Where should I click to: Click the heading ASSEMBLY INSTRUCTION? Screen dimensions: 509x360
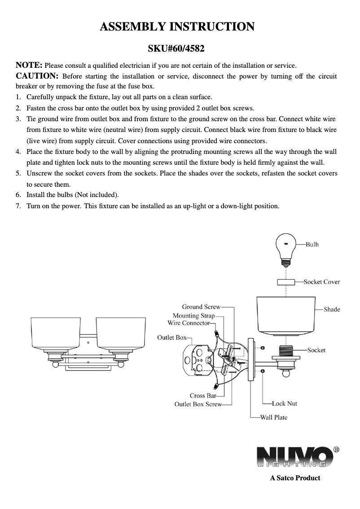pyautogui.click(x=177, y=27)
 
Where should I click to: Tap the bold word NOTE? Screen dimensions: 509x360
pyautogui.click(x=29, y=66)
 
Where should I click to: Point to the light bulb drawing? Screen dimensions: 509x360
pyautogui.click(x=286, y=247)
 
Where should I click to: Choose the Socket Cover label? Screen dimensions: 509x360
pyautogui.click(x=321, y=282)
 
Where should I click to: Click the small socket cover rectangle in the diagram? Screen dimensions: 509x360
pyautogui.click(x=285, y=282)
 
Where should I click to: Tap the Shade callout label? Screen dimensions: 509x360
pyautogui.click(x=332, y=309)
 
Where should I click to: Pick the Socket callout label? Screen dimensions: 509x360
pyautogui.click(x=316, y=350)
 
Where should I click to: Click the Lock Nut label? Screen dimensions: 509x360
pyautogui.click(x=285, y=404)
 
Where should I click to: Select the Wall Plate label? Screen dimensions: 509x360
pyautogui.click(x=274, y=417)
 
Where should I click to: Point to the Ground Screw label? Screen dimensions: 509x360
pyautogui.click(x=201, y=307)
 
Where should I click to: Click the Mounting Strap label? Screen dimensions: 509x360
pyautogui.click(x=193, y=316)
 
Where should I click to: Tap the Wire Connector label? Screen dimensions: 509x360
pyautogui.click(x=189, y=323)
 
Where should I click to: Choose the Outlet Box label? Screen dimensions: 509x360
pyautogui.click(x=171, y=338)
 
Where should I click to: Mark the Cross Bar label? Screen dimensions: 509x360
pyautogui.click(x=203, y=395)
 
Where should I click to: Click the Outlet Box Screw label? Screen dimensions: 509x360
pyautogui.click(x=198, y=404)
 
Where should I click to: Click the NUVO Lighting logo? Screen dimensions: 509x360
pyautogui.click(x=294, y=457)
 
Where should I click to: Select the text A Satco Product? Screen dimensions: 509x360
pyautogui.click(x=295, y=478)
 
